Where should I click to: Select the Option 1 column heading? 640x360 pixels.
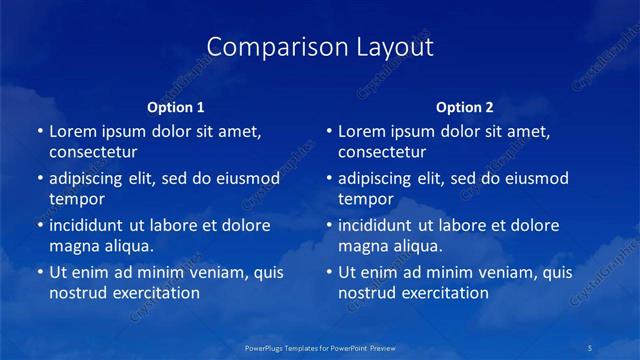[176, 106]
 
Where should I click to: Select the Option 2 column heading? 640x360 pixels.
[465, 106]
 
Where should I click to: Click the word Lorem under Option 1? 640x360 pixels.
[74, 131]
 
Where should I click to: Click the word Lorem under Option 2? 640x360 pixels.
[363, 131]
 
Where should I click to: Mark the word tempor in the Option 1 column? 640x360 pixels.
[76, 200]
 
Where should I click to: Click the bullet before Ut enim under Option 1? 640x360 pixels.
[40, 272]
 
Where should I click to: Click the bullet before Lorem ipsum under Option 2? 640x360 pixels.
[329, 131]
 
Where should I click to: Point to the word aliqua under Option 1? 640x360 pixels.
[127, 246]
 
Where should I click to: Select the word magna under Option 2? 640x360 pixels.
[363, 246]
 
